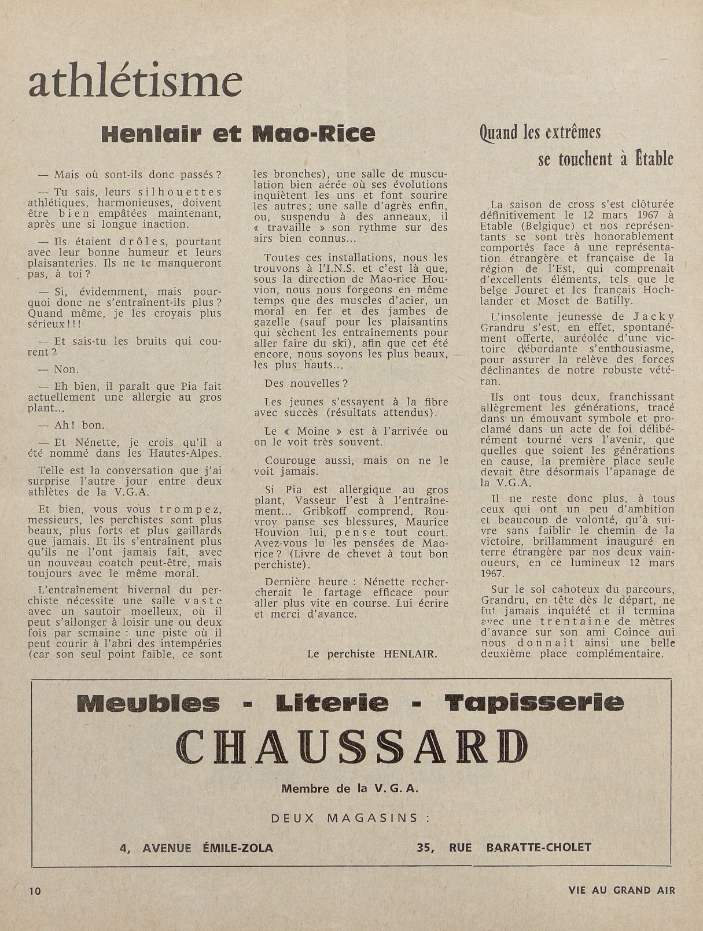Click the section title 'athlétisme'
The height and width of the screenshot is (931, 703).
(135, 81)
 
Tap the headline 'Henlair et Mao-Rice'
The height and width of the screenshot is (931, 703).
(238, 134)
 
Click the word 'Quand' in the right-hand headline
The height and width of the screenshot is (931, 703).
(499, 133)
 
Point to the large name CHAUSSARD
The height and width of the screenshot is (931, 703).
(352, 747)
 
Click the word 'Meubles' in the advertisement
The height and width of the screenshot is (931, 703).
(148, 703)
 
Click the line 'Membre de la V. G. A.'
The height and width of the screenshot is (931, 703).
(350, 788)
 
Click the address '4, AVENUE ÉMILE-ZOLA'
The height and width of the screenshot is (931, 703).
(196, 848)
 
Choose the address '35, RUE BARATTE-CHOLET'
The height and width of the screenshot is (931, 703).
(504, 848)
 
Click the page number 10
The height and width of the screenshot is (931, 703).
(36, 891)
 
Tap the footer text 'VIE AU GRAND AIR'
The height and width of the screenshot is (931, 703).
(621, 891)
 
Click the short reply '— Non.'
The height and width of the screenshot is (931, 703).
(58, 369)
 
